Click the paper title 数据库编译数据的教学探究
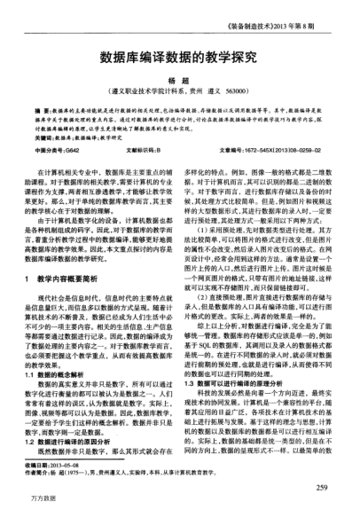coord(180,52)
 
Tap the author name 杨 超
coord(180,78)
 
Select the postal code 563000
coord(236,90)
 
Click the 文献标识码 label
coord(143,153)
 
